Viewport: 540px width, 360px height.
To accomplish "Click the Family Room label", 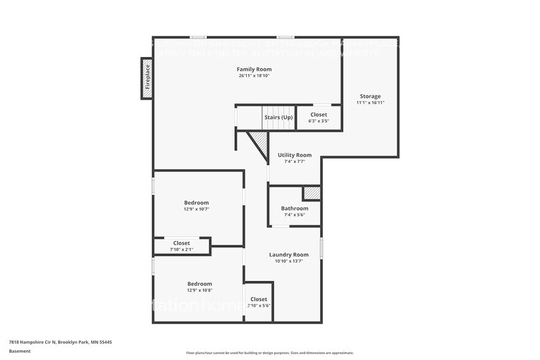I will click(x=254, y=69).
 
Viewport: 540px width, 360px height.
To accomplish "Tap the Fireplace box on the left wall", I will click(x=147, y=78).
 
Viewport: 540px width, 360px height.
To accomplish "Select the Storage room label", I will click(x=370, y=96).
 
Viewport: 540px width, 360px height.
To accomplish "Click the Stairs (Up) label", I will click(x=278, y=116).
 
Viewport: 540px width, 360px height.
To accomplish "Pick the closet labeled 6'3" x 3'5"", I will click(x=318, y=118).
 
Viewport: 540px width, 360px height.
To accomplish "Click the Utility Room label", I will click(x=294, y=156).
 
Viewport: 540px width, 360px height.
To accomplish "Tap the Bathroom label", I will click(x=294, y=208).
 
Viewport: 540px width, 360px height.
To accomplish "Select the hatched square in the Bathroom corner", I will click(x=312, y=193).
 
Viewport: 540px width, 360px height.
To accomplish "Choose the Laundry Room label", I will click(x=288, y=255).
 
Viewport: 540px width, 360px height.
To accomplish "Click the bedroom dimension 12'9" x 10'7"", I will click(x=197, y=209).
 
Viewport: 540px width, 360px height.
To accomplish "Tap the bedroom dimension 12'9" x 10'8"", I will click(x=200, y=290).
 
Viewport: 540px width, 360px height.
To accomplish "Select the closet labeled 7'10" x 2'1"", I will click(x=181, y=246).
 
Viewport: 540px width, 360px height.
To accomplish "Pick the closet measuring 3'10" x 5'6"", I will click(x=258, y=302).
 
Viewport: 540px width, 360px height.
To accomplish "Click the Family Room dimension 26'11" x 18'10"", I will click(x=254, y=76).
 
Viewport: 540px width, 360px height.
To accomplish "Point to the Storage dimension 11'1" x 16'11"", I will click(x=370, y=103).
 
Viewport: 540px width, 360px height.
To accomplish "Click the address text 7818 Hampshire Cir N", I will click(x=60, y=342).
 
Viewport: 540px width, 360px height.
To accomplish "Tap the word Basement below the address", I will click(x=20, y=351).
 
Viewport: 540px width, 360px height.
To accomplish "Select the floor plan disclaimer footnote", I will click(x=269, y=353).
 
